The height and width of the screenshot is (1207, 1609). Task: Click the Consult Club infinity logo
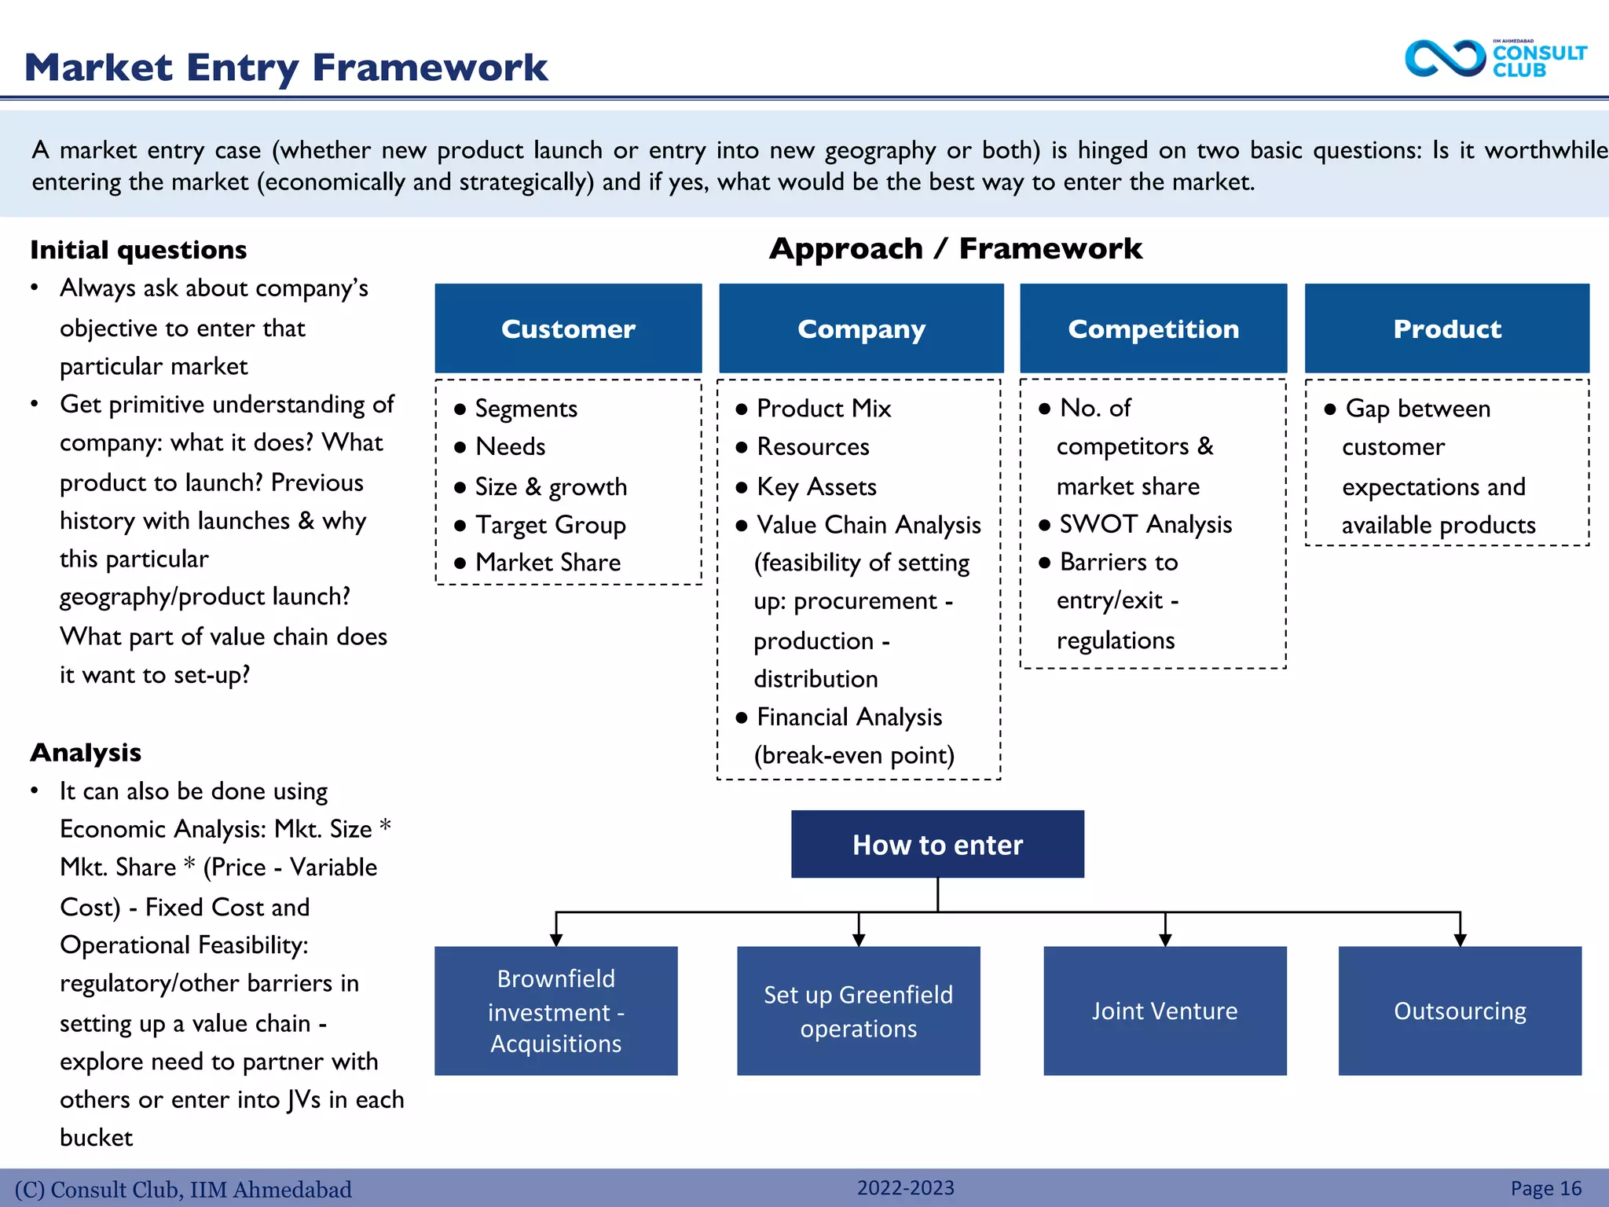(1444, 59)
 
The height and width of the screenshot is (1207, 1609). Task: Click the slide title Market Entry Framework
(286, 68)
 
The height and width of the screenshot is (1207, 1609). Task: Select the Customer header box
(568, 328)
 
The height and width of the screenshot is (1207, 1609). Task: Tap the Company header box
(861, 328)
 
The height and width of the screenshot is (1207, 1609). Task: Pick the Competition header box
(1153, 328)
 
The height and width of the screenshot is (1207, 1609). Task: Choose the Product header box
(1446, 328)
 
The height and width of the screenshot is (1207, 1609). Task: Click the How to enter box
(937, 844)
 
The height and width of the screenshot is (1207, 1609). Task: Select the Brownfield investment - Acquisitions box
(556, 1011)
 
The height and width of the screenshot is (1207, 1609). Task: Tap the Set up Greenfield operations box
(858, 1011)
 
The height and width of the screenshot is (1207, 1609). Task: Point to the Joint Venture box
(1164, 1011)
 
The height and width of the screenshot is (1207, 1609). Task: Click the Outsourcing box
(1460, 1011)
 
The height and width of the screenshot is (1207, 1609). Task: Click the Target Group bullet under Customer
(550, 525)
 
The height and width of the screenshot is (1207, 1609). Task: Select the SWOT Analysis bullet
(1145, 524)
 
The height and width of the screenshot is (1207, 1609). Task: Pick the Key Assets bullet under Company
(816, 487)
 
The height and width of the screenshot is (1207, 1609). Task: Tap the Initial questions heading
(138, 250)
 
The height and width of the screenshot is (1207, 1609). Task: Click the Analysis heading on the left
(86, 753)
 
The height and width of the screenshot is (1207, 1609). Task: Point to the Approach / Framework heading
(955, 248)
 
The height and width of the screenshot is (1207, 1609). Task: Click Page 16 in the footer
(1545, 1188)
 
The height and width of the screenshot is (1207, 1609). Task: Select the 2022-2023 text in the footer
(905, 1187)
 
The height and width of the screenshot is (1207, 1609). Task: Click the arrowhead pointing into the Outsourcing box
(1460, 940)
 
